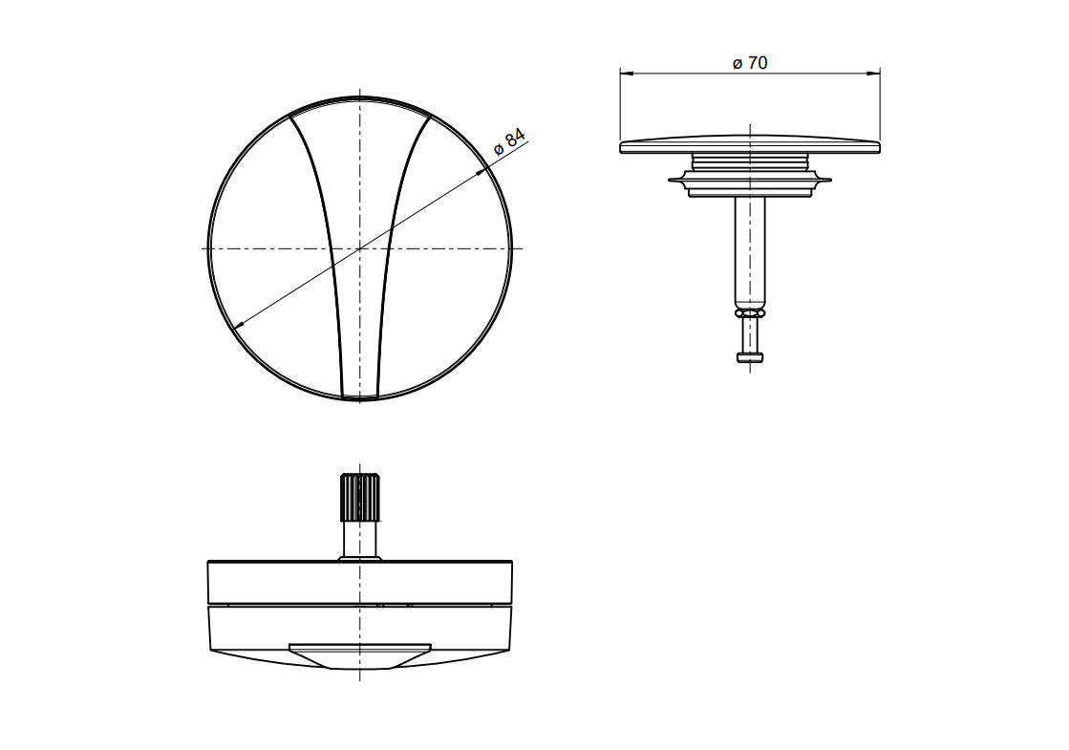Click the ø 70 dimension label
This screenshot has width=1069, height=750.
[749, 63]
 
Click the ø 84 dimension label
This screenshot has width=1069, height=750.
[509, 142]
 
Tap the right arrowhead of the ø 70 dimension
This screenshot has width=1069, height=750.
[872, 72]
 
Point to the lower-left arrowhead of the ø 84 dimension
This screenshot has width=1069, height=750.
[238, 325]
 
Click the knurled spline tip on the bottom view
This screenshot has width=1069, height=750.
[359, 497]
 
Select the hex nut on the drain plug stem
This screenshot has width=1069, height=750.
[750, 313]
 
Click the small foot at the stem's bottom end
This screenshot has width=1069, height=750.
[750, 356]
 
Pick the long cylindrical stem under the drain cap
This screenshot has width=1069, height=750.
[750, 252]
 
